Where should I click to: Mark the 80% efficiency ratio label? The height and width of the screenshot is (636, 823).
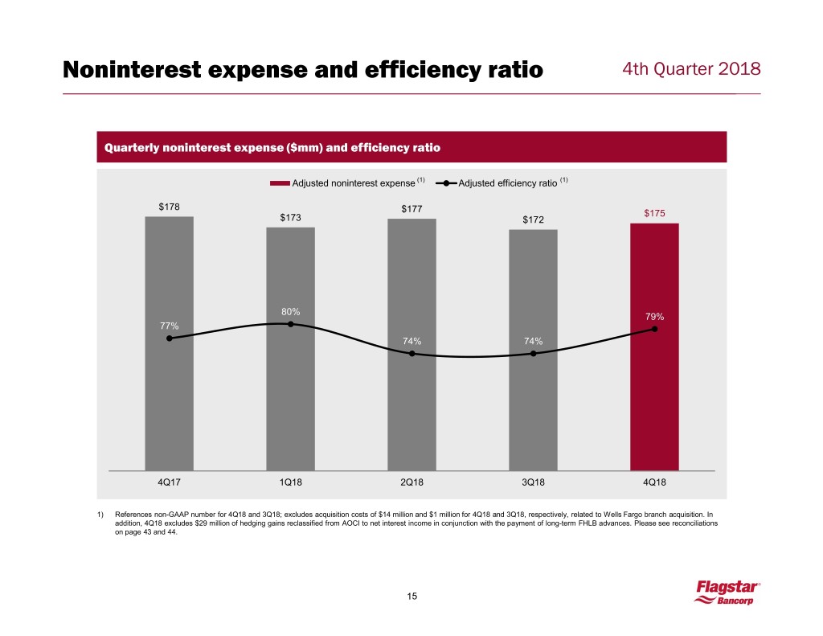[291, 311]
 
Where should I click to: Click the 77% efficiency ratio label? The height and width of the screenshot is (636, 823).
[169, 326]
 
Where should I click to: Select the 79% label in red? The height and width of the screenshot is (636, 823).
[654, 316]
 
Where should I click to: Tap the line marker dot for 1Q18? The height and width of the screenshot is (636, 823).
[291, 324]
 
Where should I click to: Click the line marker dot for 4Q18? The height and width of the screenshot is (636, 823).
[655, 329]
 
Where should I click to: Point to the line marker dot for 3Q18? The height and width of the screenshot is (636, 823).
[533, 354]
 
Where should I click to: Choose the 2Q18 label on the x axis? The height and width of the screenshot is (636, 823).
[411, 482]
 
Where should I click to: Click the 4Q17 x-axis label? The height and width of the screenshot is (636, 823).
[169, 482]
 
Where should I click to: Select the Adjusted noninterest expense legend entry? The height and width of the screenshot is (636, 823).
[347, 183]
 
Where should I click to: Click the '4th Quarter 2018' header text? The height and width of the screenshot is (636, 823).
[691, 70]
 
